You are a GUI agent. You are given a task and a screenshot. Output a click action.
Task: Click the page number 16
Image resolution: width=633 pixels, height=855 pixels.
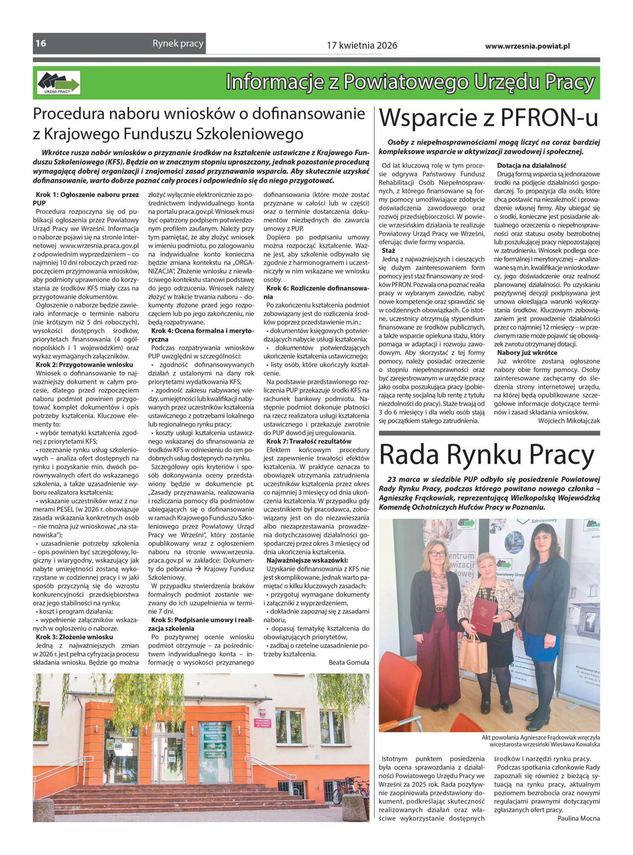(41, 44)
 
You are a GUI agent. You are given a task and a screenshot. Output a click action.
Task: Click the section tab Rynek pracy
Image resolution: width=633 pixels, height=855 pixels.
(178, 44)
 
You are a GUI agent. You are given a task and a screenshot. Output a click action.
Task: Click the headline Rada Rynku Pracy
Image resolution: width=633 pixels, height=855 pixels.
(487, 455)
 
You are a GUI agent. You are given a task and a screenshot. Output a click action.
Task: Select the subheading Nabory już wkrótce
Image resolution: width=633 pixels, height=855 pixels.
(527, 352)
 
